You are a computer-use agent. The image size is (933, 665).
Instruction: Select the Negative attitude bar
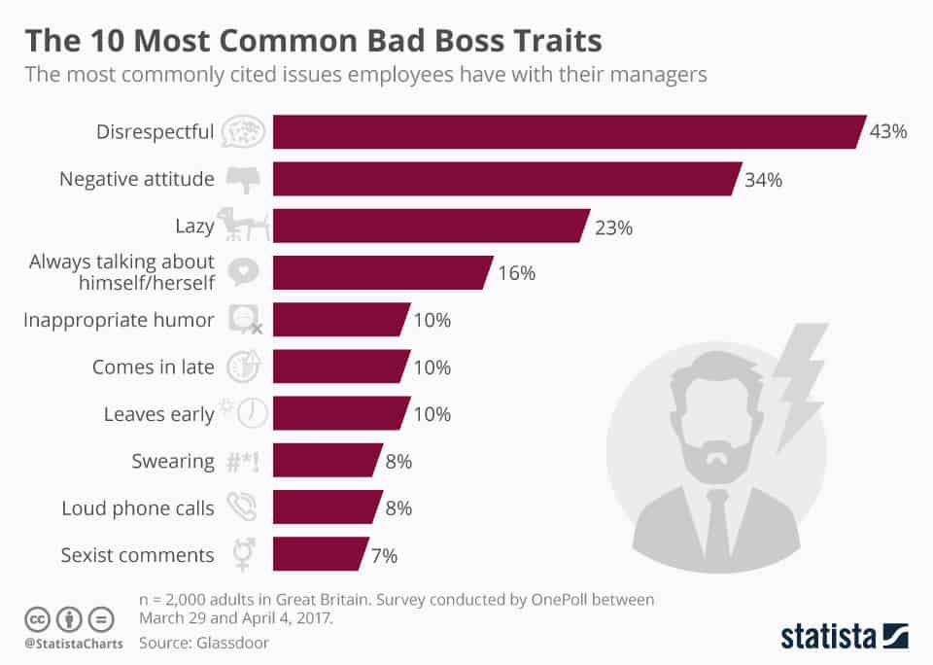coord(505,179)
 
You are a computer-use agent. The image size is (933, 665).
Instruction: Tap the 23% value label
coord(614,227)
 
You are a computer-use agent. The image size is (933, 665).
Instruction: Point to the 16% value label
coord(516,273)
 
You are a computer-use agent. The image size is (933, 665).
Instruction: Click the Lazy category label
coord(193,227)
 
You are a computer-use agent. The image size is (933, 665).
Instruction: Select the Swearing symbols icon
coord(243,461)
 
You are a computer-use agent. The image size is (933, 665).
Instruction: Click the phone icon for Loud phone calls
coord(242,507)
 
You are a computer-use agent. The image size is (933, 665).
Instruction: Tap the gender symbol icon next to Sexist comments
coord(242,554)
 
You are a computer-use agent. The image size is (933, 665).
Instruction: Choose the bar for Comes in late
coord(339,367)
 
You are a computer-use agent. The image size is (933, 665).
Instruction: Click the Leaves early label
coord(158,414)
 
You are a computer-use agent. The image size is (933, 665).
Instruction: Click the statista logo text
coord(825,637)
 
